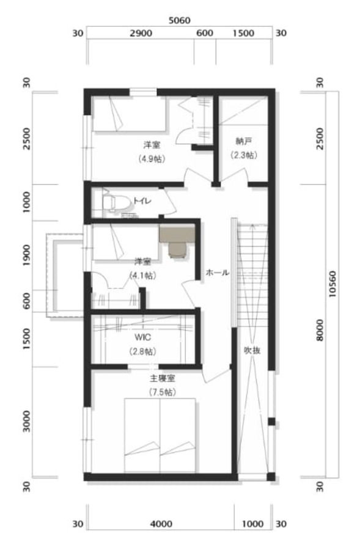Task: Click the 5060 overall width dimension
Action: [180, 20]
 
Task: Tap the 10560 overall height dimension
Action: [332, 284]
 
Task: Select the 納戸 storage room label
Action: [243, 142]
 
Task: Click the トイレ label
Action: [142, 201]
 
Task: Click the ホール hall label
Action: [218, 273]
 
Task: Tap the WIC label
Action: [143, 337]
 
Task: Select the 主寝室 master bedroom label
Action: [163, 379]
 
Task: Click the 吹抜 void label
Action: [252, 350]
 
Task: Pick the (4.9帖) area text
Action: [152, 159]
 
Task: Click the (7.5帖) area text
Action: [163, 392]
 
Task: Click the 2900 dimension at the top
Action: [141, 34]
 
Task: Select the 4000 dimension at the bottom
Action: [161, 524]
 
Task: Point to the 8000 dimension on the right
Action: [320, 330]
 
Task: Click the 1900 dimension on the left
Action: [27, 255]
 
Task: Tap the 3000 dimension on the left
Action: [27, 422]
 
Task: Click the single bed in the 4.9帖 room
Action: [129, 114]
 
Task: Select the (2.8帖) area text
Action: [143, 351]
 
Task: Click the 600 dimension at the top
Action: [205, 34]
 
